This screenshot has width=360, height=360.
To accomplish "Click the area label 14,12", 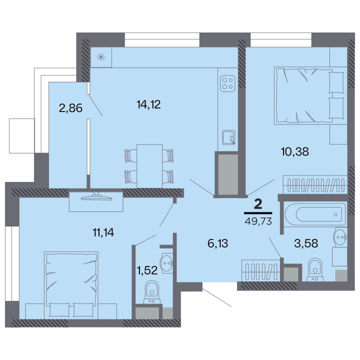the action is (x=148, y=104).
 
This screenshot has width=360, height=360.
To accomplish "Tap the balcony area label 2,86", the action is (x=70, y=108).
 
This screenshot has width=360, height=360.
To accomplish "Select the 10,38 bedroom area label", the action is (x=295, y=152).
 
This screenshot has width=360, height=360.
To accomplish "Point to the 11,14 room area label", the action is (x=103, y=232).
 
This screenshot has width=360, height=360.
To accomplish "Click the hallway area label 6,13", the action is (x=217, y=243).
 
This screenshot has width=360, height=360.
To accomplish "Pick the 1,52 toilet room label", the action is (x=147, y=270).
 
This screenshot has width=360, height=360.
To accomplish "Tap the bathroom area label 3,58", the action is (x=306, y=243).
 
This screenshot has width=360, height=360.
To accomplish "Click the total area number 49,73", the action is (x=258, y=221).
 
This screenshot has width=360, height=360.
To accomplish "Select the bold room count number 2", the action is (x=258, y=204).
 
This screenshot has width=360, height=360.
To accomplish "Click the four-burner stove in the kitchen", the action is (x=228, y=83).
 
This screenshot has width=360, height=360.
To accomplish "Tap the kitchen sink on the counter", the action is (x=228, y=137).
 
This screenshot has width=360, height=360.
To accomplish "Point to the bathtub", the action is (x=315, y=214).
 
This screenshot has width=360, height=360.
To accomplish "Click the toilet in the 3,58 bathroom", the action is (x=315, y=270).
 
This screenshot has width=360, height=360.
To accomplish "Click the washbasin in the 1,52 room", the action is (x=167, y=263).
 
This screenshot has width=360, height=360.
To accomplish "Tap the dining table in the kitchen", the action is (x=149, y=166).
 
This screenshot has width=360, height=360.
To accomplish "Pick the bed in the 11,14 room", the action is (x=71, y=285).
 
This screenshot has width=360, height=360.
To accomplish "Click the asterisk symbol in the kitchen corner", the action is (x=101, y=57).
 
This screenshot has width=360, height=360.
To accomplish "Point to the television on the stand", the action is (x=96, y=197).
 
